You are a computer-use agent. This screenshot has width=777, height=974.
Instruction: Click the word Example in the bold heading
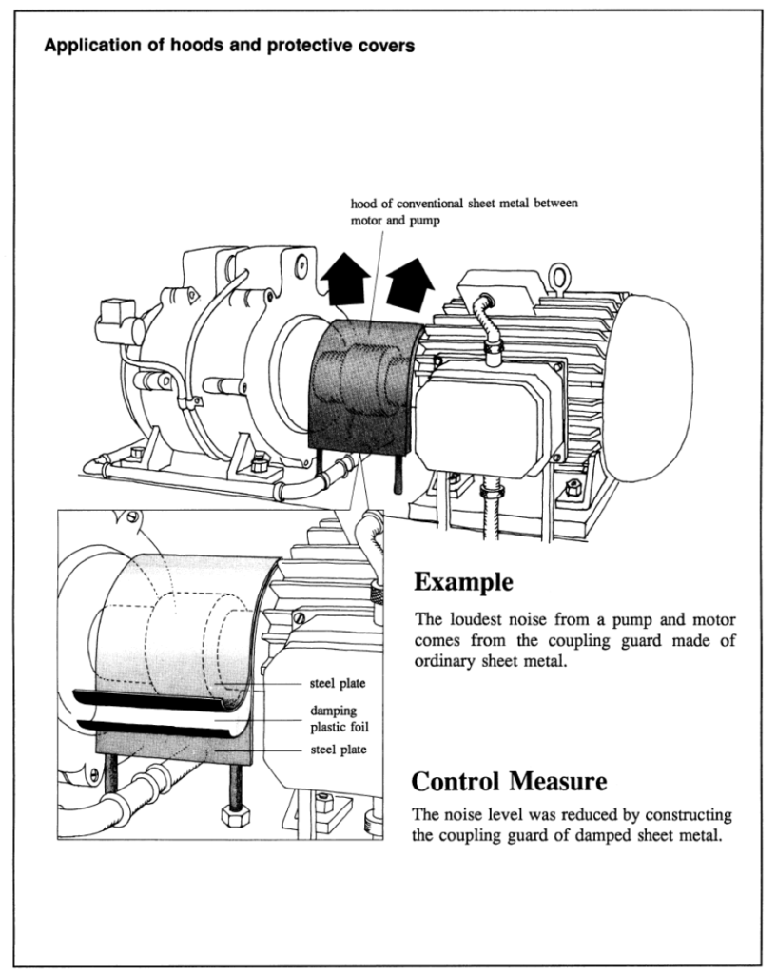click(x=464, y=581)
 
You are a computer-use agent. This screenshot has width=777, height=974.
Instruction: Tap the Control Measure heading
click(x=509, y=782)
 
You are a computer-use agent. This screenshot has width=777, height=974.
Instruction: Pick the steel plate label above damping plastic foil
click(x=338, y=683)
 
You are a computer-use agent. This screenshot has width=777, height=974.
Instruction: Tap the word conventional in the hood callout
click(x=433, y=203)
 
